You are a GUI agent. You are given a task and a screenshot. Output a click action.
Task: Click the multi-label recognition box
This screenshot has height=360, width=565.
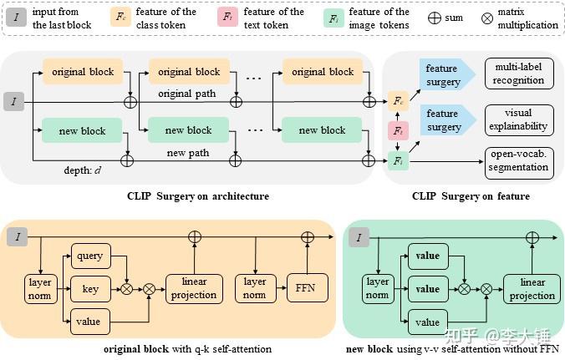518,74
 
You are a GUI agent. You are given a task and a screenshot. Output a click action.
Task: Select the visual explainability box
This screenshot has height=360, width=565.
518,119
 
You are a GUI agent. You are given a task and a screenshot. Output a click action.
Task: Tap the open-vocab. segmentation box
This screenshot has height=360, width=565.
518,162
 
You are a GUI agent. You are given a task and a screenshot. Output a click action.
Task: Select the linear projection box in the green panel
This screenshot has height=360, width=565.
532,288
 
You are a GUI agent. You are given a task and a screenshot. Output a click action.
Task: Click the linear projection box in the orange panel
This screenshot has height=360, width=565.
193,288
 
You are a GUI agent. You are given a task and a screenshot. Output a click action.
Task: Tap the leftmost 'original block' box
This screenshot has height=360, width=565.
82,72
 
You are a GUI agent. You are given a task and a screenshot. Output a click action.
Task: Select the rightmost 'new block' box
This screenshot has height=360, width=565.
322,130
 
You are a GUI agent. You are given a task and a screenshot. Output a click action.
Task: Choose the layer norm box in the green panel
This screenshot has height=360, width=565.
379,288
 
